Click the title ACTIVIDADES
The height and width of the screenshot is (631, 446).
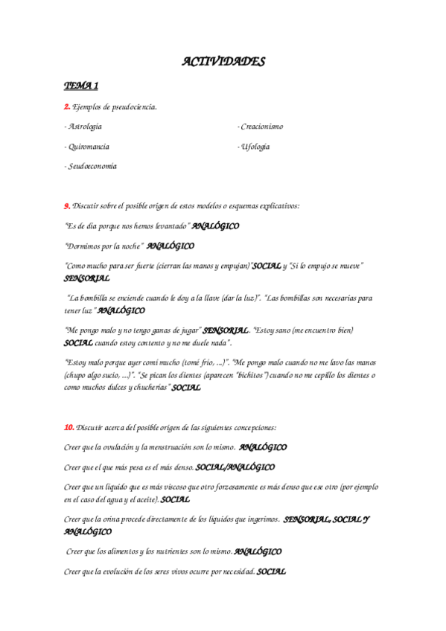click(223, 62)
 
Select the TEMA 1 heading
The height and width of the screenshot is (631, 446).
click(81, 86)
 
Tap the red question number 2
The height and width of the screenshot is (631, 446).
click(67, 106)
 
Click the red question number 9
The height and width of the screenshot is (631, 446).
click(67, 205)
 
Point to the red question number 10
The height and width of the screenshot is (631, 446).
click(69, 427)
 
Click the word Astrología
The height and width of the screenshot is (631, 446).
click(85, 126)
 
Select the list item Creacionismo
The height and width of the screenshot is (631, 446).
click(261, 126)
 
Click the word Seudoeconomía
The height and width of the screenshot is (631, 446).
click(92, 166)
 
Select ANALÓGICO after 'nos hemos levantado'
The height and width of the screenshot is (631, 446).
click(215, 225)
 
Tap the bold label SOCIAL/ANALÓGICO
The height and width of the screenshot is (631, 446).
click(235, 467)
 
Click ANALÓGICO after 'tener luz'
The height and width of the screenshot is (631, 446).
click(121, 310)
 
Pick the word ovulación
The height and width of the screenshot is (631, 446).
click(135, 447)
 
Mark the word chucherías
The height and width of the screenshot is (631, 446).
click(147, 388)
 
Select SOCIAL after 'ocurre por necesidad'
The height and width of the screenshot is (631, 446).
click(271, 571)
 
